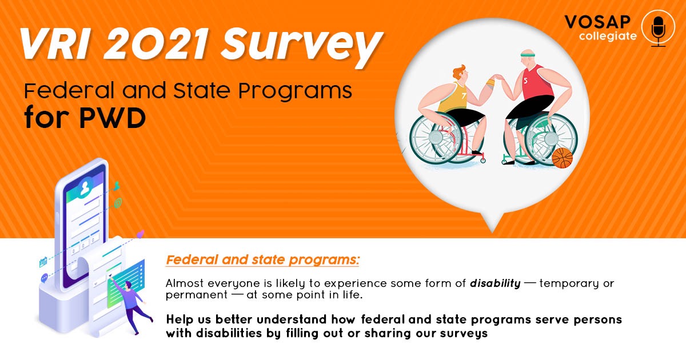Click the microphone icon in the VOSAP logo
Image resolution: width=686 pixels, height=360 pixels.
pyautogui.click(x=658, y=29)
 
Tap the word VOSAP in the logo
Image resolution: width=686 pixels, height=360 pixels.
pyautogui.click(x=597, y=22)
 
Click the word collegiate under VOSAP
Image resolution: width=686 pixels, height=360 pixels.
pyautogui.click(x=608, y=37)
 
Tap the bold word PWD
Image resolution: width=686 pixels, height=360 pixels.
pyautogui.click(x=113, y=118)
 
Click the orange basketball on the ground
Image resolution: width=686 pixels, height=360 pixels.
pyautogui.click(x=563, y=158)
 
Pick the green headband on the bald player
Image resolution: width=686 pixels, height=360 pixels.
pyautogui.click(x=527, y=55)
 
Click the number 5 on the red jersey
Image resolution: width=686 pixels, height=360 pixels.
pyautogui.click(x=525, y=81)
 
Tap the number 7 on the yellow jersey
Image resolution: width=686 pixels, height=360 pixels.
pyautogui.click(x=464, y=95)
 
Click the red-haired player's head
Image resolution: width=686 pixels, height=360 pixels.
pyautogui.click(x=460, y=74)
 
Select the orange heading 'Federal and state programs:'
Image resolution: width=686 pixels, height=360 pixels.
pyautogui.click(x=262, y=260)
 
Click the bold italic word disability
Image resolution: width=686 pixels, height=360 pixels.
pyautogui.click(x=495, y=283)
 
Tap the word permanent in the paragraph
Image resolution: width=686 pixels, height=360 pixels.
pyautogui.click(x=196, y=295)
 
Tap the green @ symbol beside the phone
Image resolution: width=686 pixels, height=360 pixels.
pyautogui.click(x=118, y=203)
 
